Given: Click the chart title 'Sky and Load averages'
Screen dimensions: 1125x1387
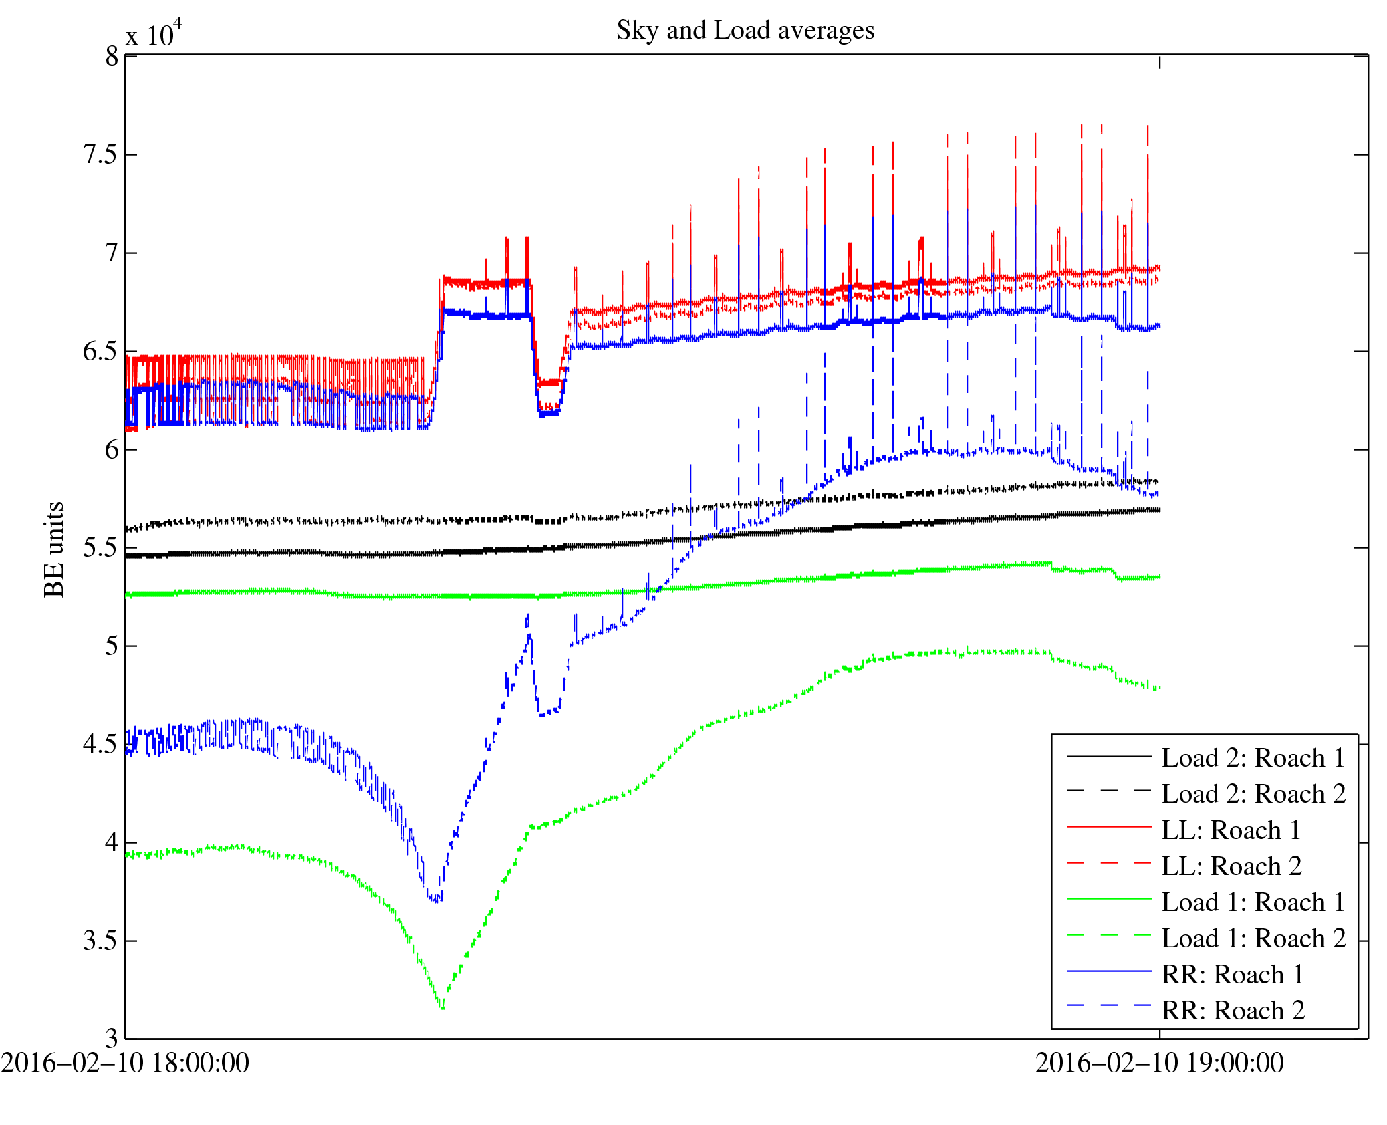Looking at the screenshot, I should point(745,31).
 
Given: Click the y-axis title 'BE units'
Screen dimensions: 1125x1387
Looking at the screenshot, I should point(54,549).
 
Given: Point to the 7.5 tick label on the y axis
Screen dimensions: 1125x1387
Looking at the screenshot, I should point(100,155).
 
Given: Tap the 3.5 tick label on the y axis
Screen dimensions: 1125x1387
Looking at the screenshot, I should point(100,941).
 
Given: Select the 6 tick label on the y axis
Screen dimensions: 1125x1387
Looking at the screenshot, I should point(111,450).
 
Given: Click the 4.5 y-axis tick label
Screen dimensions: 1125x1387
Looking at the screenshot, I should point(100,745).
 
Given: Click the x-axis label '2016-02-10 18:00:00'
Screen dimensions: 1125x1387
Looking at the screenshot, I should point(125,1063).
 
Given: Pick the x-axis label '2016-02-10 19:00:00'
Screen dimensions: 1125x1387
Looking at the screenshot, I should point(1159,1063).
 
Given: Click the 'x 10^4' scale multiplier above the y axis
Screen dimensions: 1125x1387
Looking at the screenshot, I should point(154,34).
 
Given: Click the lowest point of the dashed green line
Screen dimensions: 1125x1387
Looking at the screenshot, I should point(442,1007).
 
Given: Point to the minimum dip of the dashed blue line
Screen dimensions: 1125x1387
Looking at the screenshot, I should point(436,901).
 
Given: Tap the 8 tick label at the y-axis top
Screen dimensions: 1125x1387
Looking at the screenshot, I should point(111,57).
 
